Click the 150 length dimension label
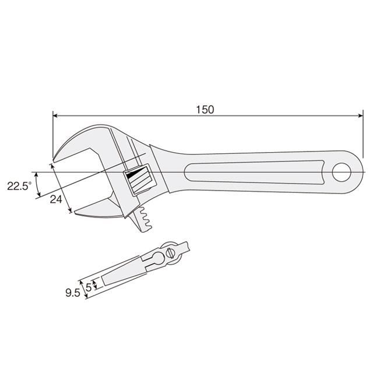(205, 110)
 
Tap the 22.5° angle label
(19, 186)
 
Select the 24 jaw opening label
(56, 199)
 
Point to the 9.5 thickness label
(73, 293)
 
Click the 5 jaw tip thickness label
(89, 287)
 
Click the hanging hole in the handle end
(342, 173)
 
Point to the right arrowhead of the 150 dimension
(361, 116)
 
